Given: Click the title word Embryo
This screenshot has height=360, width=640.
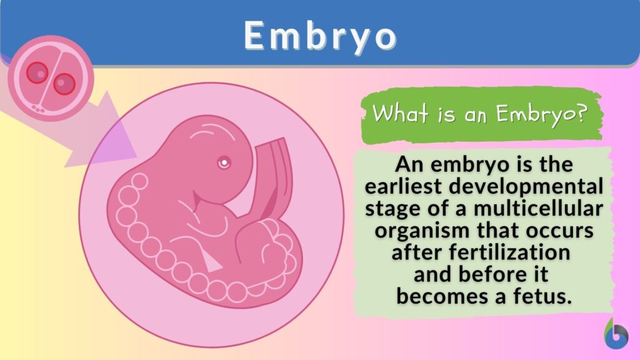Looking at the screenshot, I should point(320,36).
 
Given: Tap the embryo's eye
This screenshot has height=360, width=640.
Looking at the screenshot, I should point(223,163).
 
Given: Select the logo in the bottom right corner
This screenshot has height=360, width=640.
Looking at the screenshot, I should point(617,334).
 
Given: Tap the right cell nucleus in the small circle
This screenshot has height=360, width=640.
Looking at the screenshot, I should point(63,82).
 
